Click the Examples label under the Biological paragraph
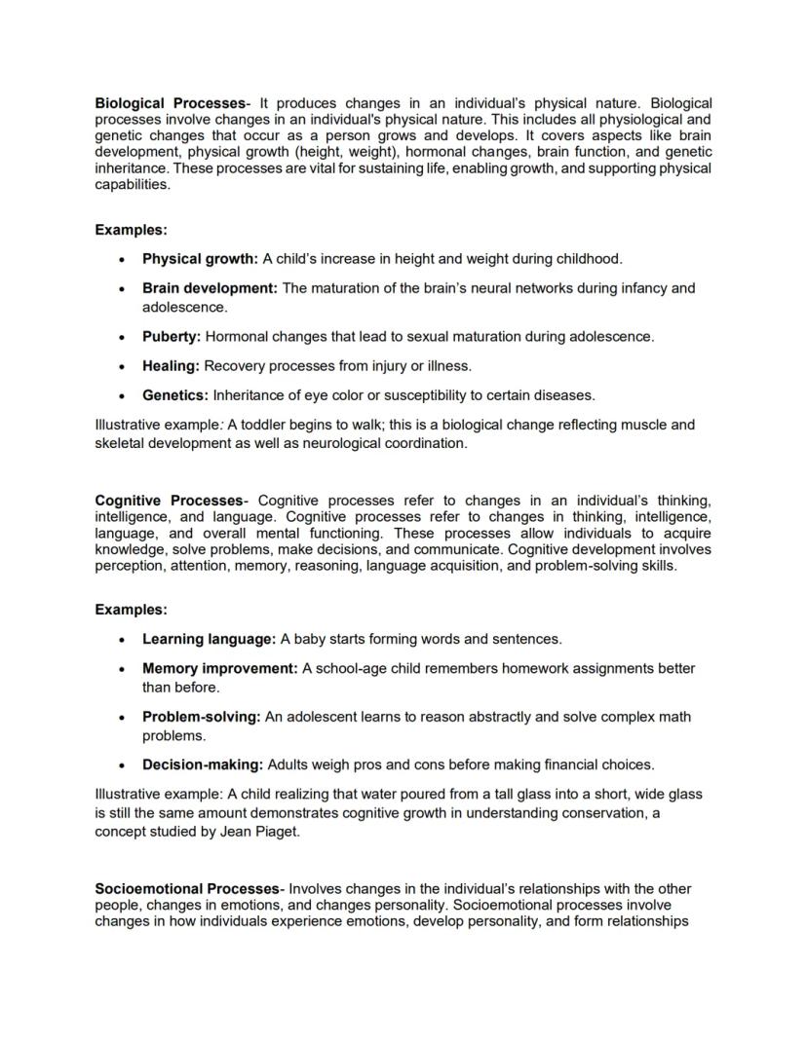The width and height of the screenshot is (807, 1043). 131,230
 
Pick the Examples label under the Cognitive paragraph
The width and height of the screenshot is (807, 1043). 131,610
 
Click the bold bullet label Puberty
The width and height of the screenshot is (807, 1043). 172,337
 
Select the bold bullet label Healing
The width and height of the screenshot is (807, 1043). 171,366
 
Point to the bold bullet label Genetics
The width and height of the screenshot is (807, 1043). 175,395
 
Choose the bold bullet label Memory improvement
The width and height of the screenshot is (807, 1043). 220,668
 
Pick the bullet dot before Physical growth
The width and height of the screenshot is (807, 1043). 120,260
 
